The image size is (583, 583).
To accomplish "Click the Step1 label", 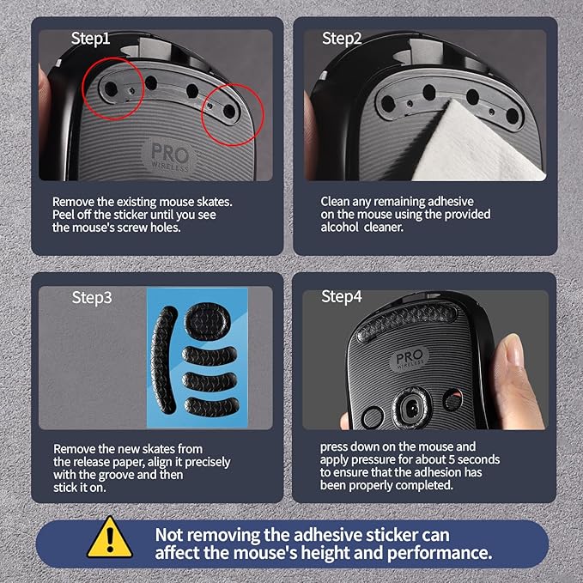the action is click(90, 39).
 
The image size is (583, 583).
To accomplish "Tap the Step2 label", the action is click(342, 39).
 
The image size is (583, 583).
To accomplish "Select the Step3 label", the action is click(92, 298).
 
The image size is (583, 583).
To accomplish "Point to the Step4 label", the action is click(342, 297).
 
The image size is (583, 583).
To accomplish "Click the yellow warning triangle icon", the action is click(110, 537).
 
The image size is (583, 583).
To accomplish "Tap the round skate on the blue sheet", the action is click(208, 320).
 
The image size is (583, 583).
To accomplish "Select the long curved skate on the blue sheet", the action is click(164, 360).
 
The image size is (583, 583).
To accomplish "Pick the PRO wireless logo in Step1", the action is click(169, 155).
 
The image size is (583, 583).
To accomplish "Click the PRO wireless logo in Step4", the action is click(409, 358).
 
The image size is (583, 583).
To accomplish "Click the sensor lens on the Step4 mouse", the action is click(412, 408).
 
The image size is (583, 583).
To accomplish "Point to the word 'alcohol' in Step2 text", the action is click(339, 228).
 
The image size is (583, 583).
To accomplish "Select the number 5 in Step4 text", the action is click(452, 459).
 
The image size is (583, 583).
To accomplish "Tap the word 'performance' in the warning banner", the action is click(440, 553).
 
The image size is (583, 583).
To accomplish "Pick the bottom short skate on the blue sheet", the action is click(211, 407).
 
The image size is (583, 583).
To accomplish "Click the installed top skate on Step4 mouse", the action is click(406, 321).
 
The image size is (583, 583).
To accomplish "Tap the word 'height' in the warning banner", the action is click(325, 553).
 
